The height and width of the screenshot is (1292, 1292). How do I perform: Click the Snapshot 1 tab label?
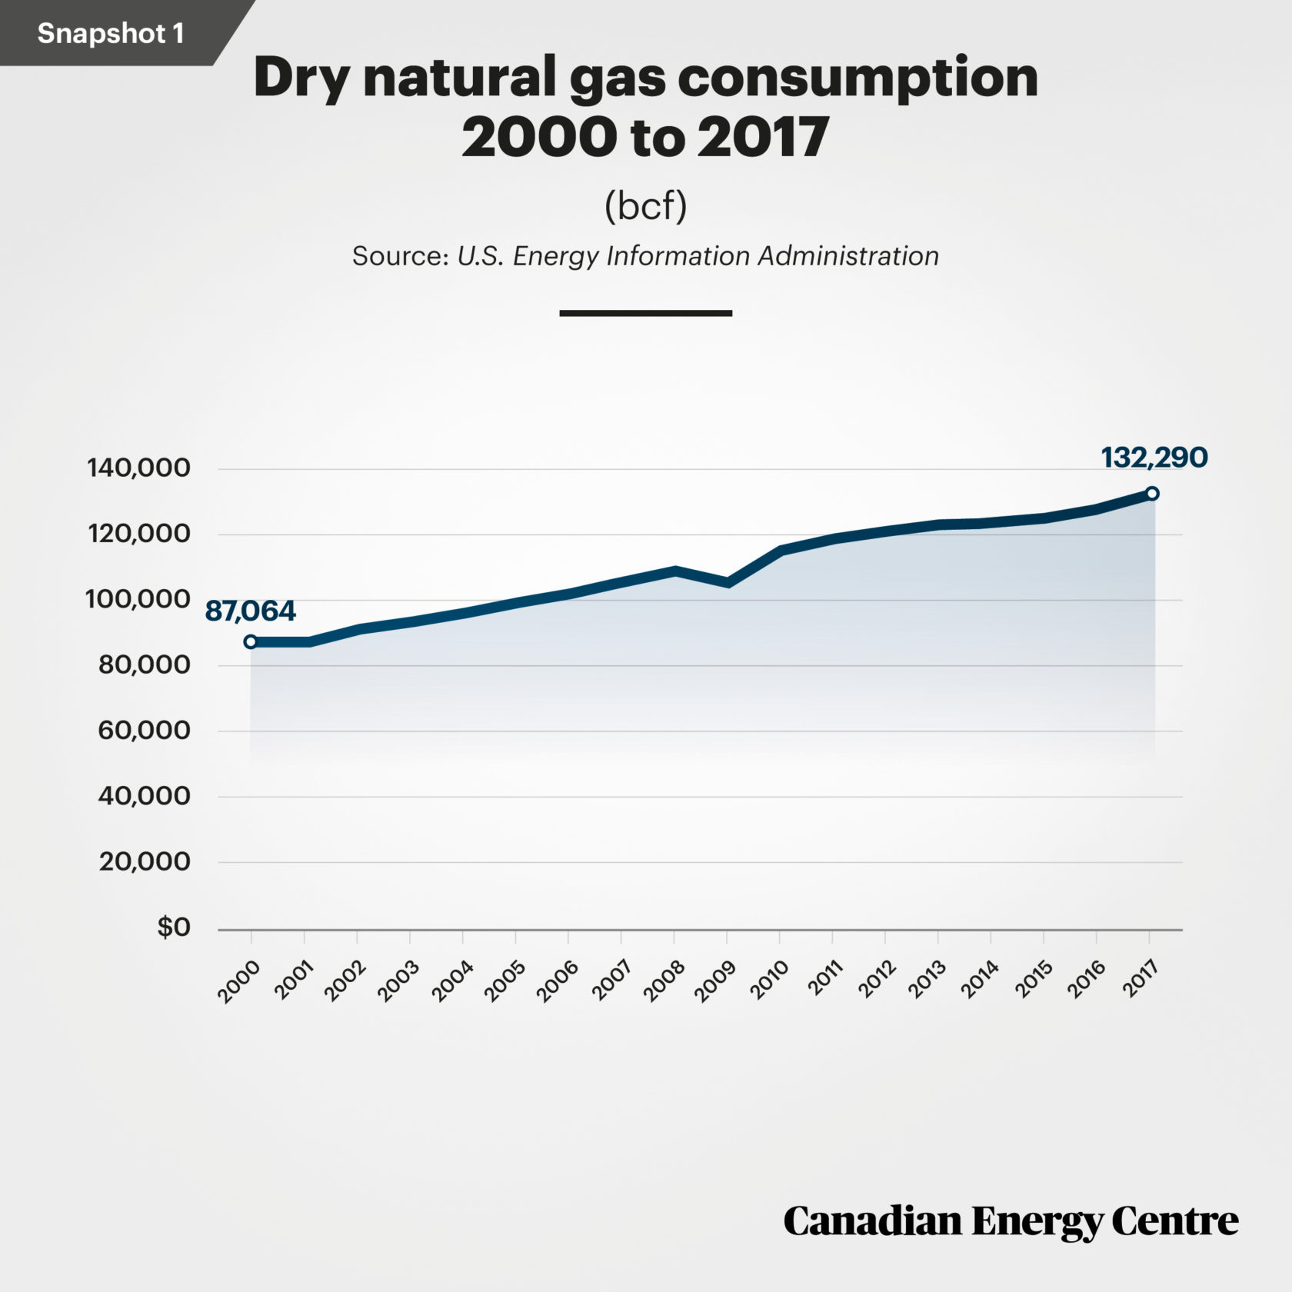click(x=110, y=33)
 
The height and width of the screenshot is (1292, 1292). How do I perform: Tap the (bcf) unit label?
click(x=645, y=205)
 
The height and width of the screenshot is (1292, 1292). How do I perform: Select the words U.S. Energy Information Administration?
click(x=698, y=256)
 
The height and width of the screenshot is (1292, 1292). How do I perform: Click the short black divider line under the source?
click(x=645, y=313)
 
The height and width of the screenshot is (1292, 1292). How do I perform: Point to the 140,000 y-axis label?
click(x=138, y=468)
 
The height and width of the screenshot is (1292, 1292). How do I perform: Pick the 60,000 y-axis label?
click(x=144, y=731)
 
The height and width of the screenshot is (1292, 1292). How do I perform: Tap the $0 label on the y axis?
click(x=173, y=927)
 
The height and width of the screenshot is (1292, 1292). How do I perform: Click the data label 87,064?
click(x=250, y=611)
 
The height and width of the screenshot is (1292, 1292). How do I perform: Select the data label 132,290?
click(x=1154, y=458)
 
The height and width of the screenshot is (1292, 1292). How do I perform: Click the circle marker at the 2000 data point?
click(x=251, y=641)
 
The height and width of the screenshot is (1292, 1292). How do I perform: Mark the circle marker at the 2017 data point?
click(x=1151, y=493)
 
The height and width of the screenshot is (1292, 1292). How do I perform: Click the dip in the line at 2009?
click(x=728, y=582)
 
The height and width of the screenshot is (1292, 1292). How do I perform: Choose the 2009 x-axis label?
click(x=714, y=981)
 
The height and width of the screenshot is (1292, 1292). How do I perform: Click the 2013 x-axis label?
click(x=927, y=981)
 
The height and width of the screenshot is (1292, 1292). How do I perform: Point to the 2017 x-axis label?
click(x=1140, y=980)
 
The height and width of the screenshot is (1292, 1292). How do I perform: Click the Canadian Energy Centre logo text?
click(x=1011, y=1222)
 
